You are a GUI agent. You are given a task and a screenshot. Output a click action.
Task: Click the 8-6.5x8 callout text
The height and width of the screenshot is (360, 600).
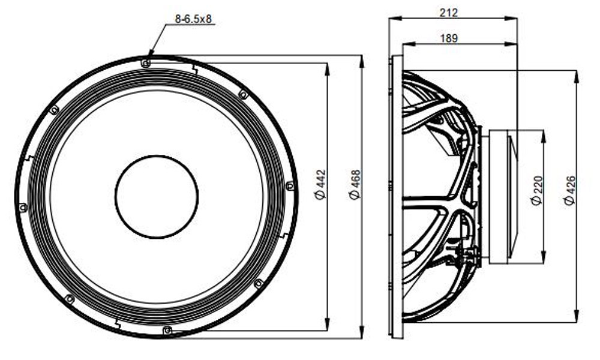[x=193, y=19]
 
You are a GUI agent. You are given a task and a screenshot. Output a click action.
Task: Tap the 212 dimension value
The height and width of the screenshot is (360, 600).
[x=448, y=13]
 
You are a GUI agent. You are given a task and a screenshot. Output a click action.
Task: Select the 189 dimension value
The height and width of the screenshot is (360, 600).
[x=448, y=38]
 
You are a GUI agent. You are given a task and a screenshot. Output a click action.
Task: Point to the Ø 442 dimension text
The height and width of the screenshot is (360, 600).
[x=320, y=184]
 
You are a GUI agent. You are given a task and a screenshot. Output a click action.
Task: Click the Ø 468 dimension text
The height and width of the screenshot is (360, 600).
[x=355, y=184]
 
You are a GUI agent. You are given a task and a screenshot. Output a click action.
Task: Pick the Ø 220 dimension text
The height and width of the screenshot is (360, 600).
[x=537, y=191]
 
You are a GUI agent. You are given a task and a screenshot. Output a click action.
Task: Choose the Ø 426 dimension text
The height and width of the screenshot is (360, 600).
[x=570, y=191]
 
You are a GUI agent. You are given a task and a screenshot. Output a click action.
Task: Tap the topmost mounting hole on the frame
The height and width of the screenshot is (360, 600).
[x=145, y=63]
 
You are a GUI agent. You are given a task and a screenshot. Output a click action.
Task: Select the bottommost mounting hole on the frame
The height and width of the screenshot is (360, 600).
[x=167, y=330]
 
